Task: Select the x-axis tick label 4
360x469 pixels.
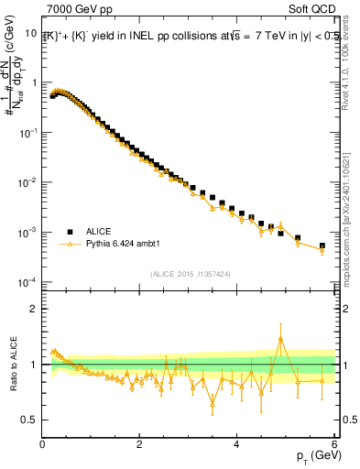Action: (x=238, y=444)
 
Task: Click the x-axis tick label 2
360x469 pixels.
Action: (x=140, y=444)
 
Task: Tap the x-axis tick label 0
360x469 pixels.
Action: (x=43, y=444)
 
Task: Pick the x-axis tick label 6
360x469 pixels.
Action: (x=335, y=444)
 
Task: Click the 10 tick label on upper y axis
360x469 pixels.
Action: (x=31, y=32)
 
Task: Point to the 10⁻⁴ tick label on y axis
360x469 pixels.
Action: (x=27, y=282)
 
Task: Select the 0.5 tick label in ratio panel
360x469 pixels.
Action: (x=29, y=420)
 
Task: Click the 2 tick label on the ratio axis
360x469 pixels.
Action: (x=34, y=309)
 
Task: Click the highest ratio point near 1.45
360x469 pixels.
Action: (x=280, y=339)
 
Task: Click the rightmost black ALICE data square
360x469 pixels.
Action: (x=322, y=245)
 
